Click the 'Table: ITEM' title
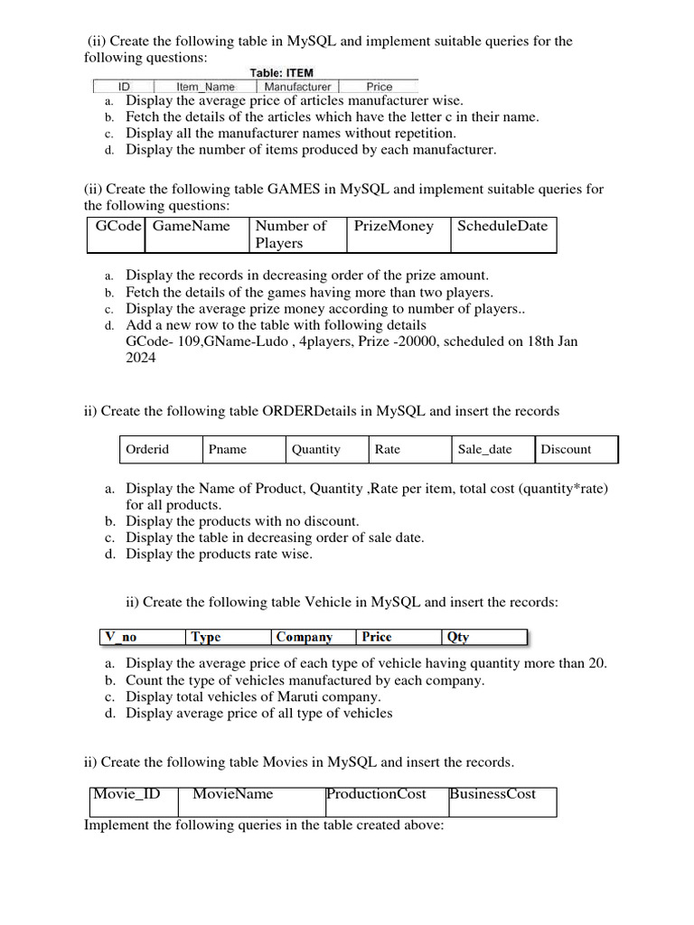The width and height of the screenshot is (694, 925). click(282, 72)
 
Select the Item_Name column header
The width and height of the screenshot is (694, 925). click(204, 88)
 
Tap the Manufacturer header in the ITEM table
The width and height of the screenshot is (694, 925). click(296, 88)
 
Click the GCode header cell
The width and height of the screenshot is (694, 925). click(118, 226)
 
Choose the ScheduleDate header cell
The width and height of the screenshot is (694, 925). click(502, 226)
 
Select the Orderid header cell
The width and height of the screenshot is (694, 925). click(147, 449)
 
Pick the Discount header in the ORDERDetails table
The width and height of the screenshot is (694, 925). click(566, 449)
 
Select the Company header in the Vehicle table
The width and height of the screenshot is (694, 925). click(305, 637)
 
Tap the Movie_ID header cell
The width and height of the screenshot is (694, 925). click(127, 794)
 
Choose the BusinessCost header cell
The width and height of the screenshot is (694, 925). click(492, 794)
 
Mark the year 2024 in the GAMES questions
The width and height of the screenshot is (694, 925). click(140, 358)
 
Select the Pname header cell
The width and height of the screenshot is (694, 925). click(228, 449)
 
